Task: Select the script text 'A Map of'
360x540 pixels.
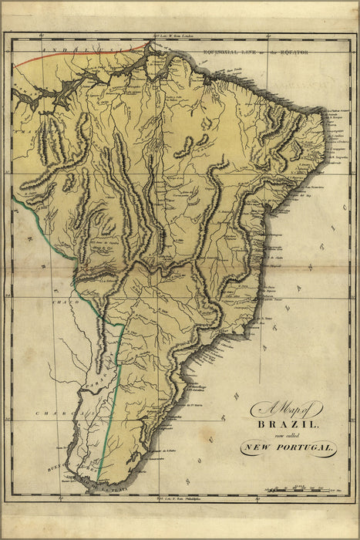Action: coord(287,411)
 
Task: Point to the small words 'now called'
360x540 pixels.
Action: coord(288,435)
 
